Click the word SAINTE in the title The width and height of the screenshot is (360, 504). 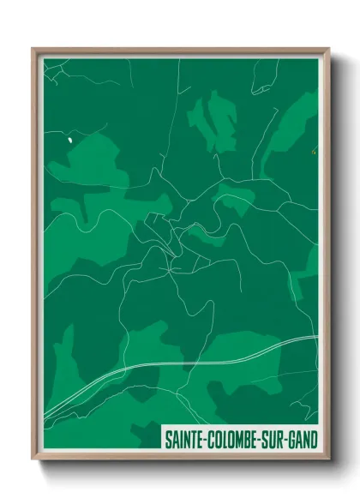(x=186, y=440)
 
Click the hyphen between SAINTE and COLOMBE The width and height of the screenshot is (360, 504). (x=208, y=440)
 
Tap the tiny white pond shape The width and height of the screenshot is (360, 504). (x=68, y=136)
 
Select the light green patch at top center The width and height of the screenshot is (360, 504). (x=214, y=120)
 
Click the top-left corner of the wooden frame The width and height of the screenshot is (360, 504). (x=33, y=49)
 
